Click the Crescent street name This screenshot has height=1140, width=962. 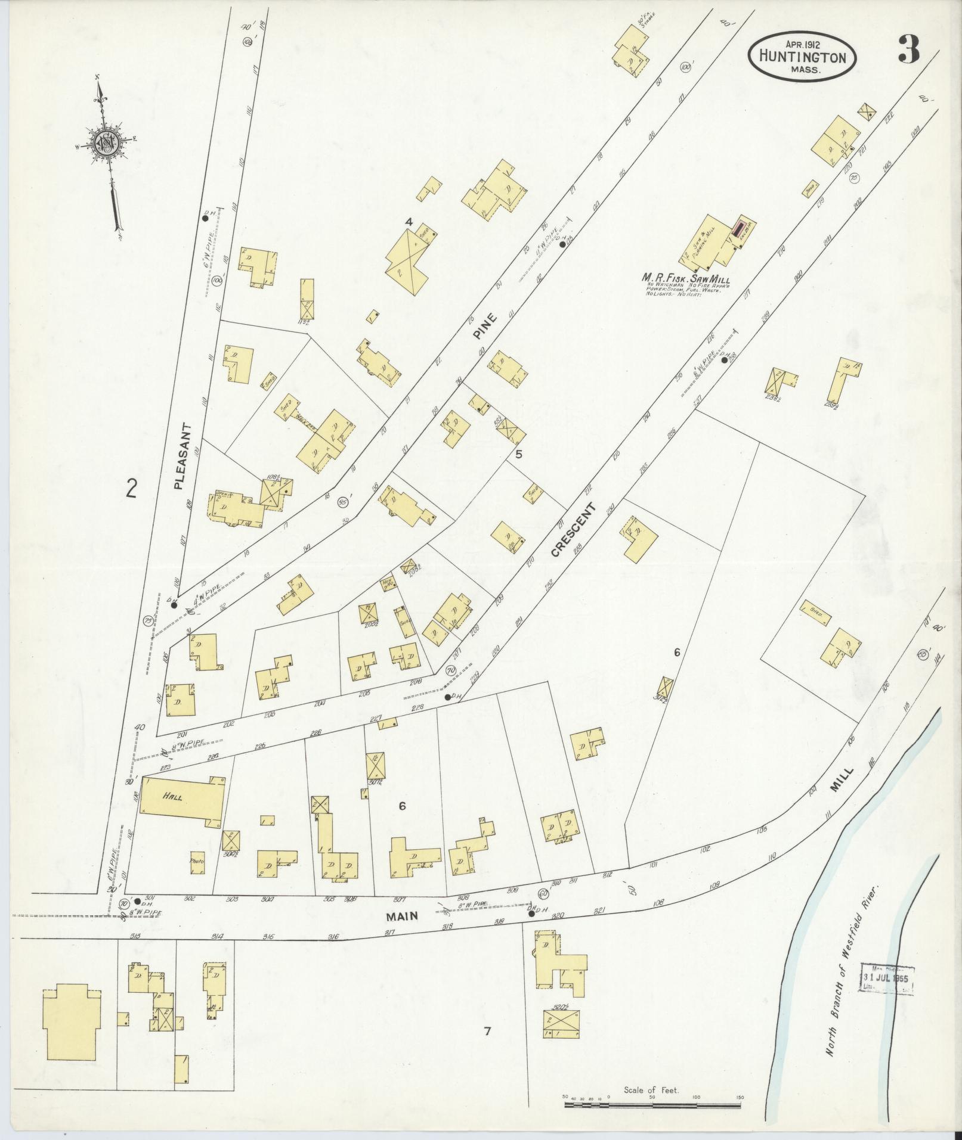click(573, 530)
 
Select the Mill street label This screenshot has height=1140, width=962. click(845, 779)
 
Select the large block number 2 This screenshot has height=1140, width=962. click(132, 489)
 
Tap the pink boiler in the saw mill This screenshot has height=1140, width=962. click(740, 228)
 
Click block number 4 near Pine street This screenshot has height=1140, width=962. click(409, 222)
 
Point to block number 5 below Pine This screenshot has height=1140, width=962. click(518, 454)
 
